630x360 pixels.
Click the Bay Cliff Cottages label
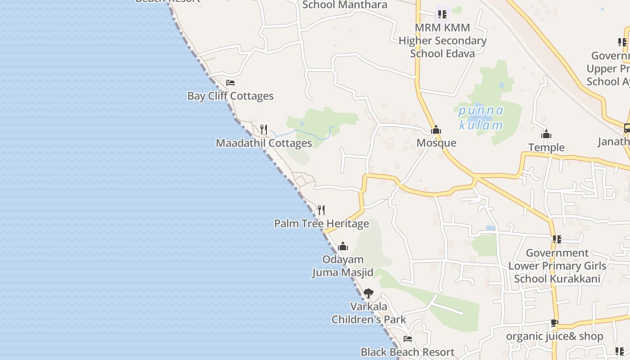click(x=230, y=96)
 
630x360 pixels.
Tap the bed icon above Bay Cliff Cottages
click(x=230, y=83)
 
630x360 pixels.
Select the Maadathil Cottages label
click(x=264, y=143)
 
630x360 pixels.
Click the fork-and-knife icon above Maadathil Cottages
click(x=264, y=130)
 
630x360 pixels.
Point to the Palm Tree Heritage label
click(x=321, y=224)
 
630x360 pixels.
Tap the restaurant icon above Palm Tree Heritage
click(x=321, y=210)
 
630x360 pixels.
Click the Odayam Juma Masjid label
click(x=343, y=266)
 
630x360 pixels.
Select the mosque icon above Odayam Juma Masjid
click(x=343, y=246)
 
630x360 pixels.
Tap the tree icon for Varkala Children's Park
click(x=369, y=293)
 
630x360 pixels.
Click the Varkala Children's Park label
click(x=369, y=313)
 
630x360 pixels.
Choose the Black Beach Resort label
click(x=408, y=352)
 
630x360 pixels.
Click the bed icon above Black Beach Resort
click(x=408, y=339)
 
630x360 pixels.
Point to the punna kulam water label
click(x=481, y=118)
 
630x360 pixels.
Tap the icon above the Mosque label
click(x=436, y=130)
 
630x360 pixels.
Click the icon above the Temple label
click(x=546, y=134)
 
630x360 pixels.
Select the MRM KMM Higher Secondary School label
click(x=442, y=40)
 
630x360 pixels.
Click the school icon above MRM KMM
click(x=442, y=14)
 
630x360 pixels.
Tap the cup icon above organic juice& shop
click(x=554, y=323)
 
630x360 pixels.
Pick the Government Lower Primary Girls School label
click(x=557, y=266)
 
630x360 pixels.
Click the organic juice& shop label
click(x=554, y=337)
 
